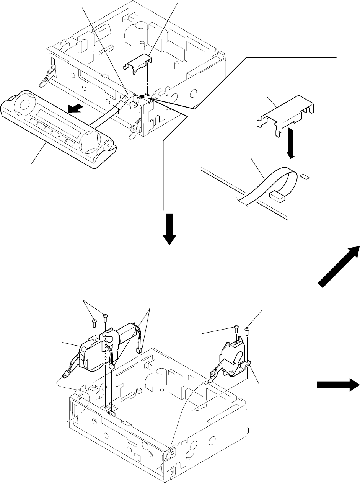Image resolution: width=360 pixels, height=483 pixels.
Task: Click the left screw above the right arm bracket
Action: (236, 328)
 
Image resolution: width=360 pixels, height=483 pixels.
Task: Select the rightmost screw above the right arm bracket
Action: (247, 329)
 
